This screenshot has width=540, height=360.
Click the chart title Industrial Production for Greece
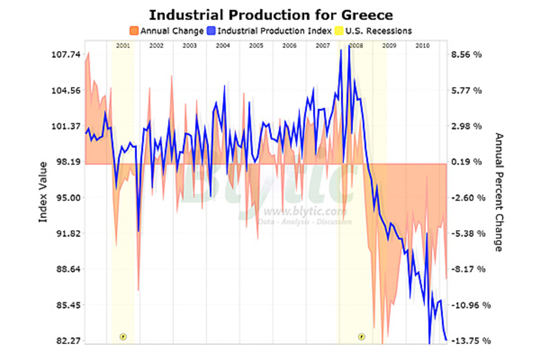pyautogui.click(x=270, y=14)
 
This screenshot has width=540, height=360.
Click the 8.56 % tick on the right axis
pyautogui.click(x=467, y=54)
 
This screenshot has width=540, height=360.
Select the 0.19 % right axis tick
pyautogui.click(x=467, y=162)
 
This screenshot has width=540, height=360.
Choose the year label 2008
pyautogui.click(x=356, y=46)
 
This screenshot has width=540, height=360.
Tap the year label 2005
pyautogui.click(x=256, y=46)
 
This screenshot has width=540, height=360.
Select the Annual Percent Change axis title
pyautogui.click(x=498, y=192)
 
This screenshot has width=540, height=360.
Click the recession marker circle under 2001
pyautogui.click(x=123, y=336)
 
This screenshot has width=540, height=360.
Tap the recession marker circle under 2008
pyautogui.click(x=361, y=336)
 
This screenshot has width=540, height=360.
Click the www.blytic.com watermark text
pyautogui.click(x=305, y=212)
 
